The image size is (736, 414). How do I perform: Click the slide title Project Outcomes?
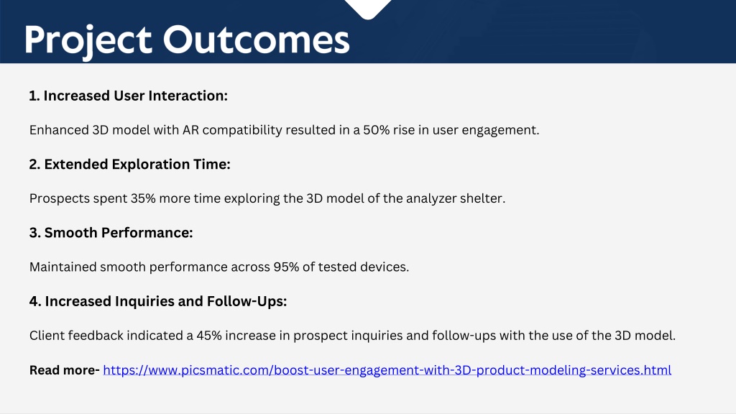coord(187,41)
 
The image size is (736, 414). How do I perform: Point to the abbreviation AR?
coord(190,130)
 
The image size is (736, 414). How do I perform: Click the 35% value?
coord(143,198)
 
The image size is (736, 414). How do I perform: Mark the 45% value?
coord(209,336)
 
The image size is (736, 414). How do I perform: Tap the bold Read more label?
coord(64,370)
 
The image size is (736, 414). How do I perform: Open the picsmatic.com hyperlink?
coord(387,370)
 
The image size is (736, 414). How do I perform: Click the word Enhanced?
coord(59,130)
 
